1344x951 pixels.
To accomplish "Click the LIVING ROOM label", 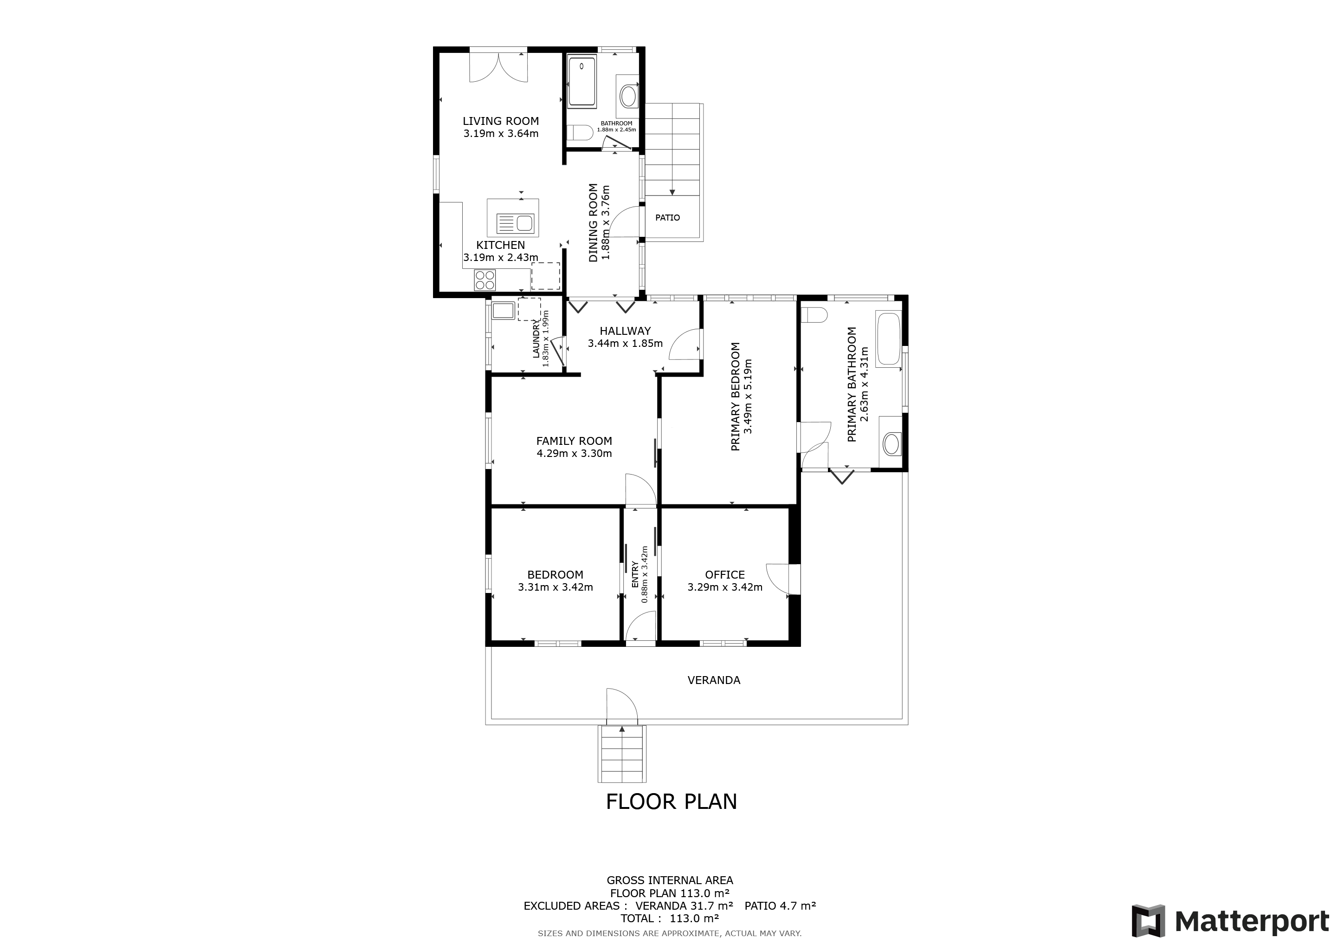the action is pyautogui.click(x=500, y=121).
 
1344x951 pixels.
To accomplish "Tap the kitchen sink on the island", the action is pyautogui.click(x=515, y=223).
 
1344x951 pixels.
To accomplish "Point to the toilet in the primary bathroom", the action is pyautogui.click(x=814, y=315).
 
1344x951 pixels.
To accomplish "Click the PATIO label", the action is pyautogui.click(x=667, y=218).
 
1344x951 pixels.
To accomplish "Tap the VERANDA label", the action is pyautogui.click(x=714, y=680).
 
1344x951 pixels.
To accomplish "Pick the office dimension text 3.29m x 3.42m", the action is pyautogui.click(x=725, y=587).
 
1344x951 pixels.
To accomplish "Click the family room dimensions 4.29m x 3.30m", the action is pyautogui.click(x=574, y=453).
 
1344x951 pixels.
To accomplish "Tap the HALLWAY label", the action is pyautogui.click(x=625, y=331).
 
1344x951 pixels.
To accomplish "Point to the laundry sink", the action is pyautogui.click(x=503, y=310).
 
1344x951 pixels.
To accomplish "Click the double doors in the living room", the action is pyautogui.click(x=499, y=66).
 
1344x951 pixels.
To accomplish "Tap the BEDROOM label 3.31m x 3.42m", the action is pyautogui.click(x=555, y=581).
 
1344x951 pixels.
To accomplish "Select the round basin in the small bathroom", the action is pyautogui.click(x=629, y=96).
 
